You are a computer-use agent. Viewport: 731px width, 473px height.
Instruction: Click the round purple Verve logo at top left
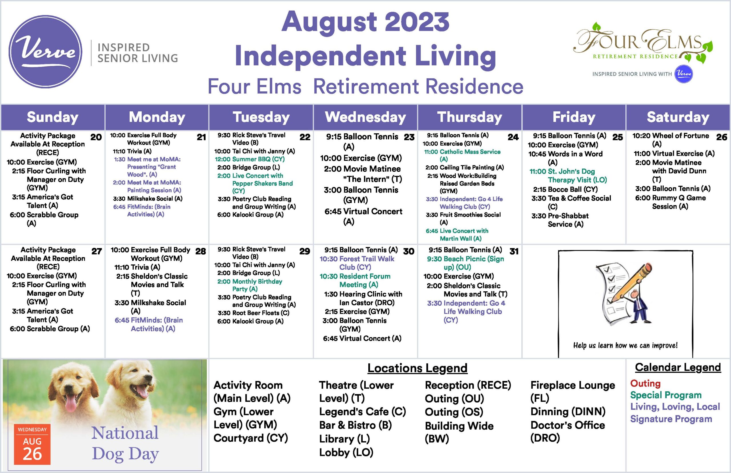[45, 52]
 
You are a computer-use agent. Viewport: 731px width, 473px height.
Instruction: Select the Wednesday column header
[365, 117]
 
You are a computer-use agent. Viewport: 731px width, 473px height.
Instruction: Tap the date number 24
[513, 137]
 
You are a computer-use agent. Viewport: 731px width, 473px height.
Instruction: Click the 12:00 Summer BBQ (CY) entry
[249, 159]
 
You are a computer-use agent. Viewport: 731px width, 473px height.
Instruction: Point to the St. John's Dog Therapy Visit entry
[568, 175]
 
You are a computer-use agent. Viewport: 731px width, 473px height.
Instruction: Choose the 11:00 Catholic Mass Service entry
[462, 155]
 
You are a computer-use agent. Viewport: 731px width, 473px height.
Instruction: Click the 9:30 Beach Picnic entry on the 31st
[465, 262]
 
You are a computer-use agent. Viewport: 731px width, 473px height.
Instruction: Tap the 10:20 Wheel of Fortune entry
[670, 139]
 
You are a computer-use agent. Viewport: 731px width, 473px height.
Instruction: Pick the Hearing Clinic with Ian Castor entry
[363, 298]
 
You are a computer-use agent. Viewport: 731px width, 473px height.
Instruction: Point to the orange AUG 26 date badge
[32, 444]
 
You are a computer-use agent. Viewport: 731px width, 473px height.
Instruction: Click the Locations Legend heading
[417, 368]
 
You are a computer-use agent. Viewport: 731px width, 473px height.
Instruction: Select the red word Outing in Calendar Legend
[645, 383]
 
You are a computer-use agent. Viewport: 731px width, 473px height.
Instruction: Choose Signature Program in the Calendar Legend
[671, 419]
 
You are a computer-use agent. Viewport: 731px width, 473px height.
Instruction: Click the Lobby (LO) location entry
[346, 452]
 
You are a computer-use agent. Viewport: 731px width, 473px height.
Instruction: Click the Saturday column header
[678, 117]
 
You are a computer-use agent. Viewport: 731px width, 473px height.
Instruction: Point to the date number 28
[200, 251]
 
